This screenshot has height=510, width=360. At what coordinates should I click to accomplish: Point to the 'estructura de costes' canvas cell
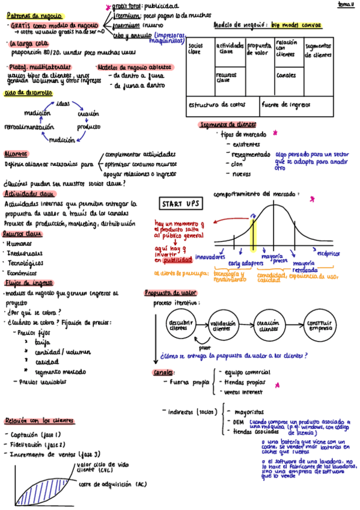coord(222,105)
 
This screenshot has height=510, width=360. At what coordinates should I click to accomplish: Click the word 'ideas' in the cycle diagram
coord(63,103)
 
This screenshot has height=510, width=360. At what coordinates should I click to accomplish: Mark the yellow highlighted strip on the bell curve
coord(254,232)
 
